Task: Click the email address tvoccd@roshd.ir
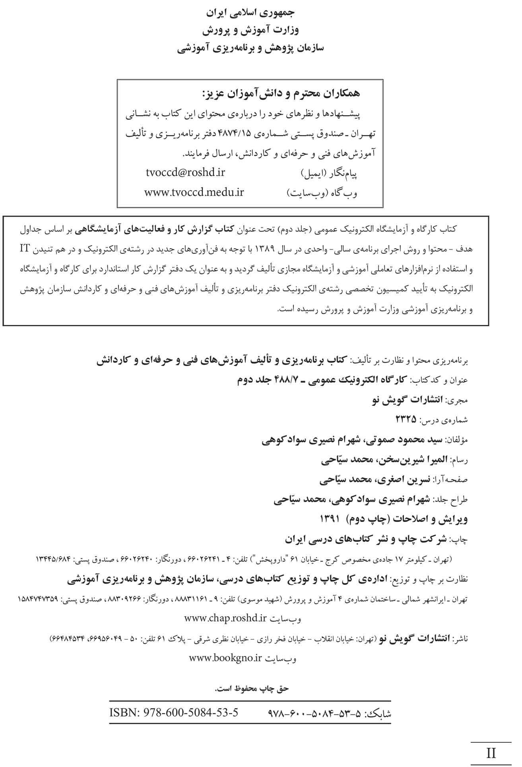(x=185, y=172)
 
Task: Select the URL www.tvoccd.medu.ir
(x=194, y=192)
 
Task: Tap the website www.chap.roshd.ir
(x=225, y=618)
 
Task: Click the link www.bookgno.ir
(x=225, y=658)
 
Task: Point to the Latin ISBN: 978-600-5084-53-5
(x=174, y=712)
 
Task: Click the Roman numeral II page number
(x=491, y=753)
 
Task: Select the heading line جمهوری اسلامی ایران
(x=250, y=13)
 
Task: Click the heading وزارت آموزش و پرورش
(x=250, y=30)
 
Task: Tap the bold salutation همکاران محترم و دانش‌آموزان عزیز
(x=281, y=93)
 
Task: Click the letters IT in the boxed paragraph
(x=25, y=249)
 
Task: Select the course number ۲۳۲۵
(x=406, y=419)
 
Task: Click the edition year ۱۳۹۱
(x=330, y=519)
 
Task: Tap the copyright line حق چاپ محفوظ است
(x=252, y=689)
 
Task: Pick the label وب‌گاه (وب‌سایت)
(x=322, y=193)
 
